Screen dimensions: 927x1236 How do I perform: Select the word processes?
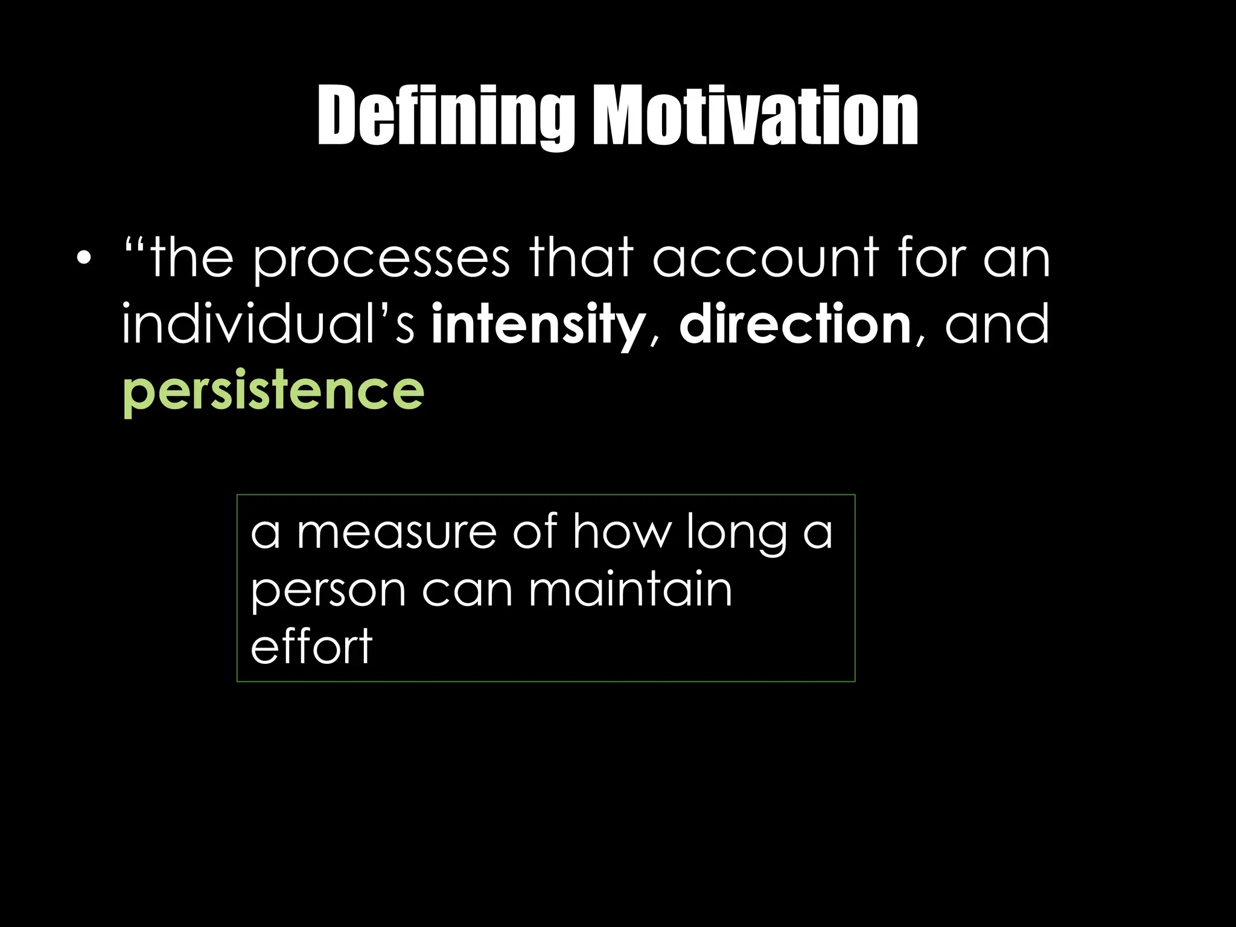(381, 260)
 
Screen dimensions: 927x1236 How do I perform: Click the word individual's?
(269, 325)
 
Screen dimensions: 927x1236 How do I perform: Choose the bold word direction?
(795, 325)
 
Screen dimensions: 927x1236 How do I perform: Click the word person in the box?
(328, 591)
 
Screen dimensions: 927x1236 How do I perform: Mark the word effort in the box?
(311, 646)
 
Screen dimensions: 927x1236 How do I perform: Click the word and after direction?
(997, 325)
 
